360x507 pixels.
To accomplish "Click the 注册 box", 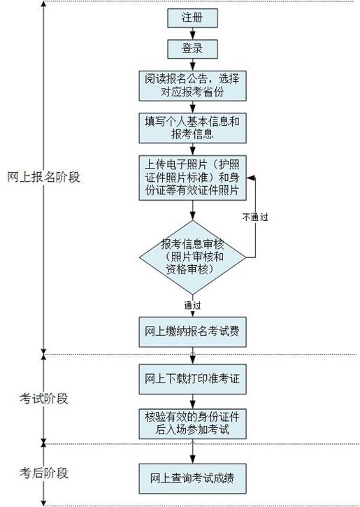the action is click(192, 17).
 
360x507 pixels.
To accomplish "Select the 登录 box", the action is click(192, 49).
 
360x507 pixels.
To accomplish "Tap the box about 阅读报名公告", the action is click(193, 86).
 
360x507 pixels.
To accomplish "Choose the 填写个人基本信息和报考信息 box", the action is click(193, 128).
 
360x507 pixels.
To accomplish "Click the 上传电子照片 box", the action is click(193, 178).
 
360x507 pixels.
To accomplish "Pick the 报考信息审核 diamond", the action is click(193, 257).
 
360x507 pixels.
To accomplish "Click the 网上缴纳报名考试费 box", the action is click(193, 331).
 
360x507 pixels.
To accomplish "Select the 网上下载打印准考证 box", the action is click(193, 379).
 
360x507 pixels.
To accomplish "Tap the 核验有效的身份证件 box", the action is click(193, 424).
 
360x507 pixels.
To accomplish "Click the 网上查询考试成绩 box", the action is click(193, 478).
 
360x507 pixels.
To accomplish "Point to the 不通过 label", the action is click(255, 217).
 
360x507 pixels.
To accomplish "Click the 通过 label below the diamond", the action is click(193, 305).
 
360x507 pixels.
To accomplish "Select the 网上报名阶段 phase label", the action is click(43, 177).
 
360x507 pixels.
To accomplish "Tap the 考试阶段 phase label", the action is click(43, 399).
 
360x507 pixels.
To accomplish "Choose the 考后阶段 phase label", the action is click(43, 473).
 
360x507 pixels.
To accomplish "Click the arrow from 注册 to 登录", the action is click(193, 34).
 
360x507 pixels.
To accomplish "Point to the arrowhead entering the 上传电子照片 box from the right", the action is click(250, 178).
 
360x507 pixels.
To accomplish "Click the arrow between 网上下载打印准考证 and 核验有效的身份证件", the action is click(193, 401).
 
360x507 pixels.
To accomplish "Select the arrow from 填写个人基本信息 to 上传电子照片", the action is click(193, 149).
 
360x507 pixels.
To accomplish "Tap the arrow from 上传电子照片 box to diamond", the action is click(193, 210).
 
